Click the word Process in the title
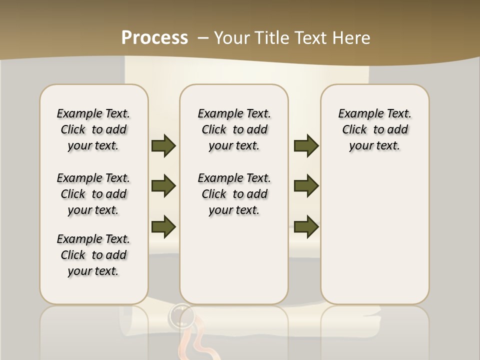click(154, 37)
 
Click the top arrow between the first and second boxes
click(163, 145)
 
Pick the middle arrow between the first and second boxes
click(163, 186)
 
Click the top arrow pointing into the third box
click(306, 145)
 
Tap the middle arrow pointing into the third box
click(306, 186)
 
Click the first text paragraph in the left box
click(93, 129)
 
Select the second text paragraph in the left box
click(93, 194)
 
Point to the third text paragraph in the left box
click(93, 255)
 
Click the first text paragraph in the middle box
click(234, 129)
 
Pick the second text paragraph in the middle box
click(234, 194)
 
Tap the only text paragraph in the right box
click(374, 129)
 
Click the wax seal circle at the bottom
click(181, 316)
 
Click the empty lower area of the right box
click(374, 240)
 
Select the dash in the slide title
click(203, 38)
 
